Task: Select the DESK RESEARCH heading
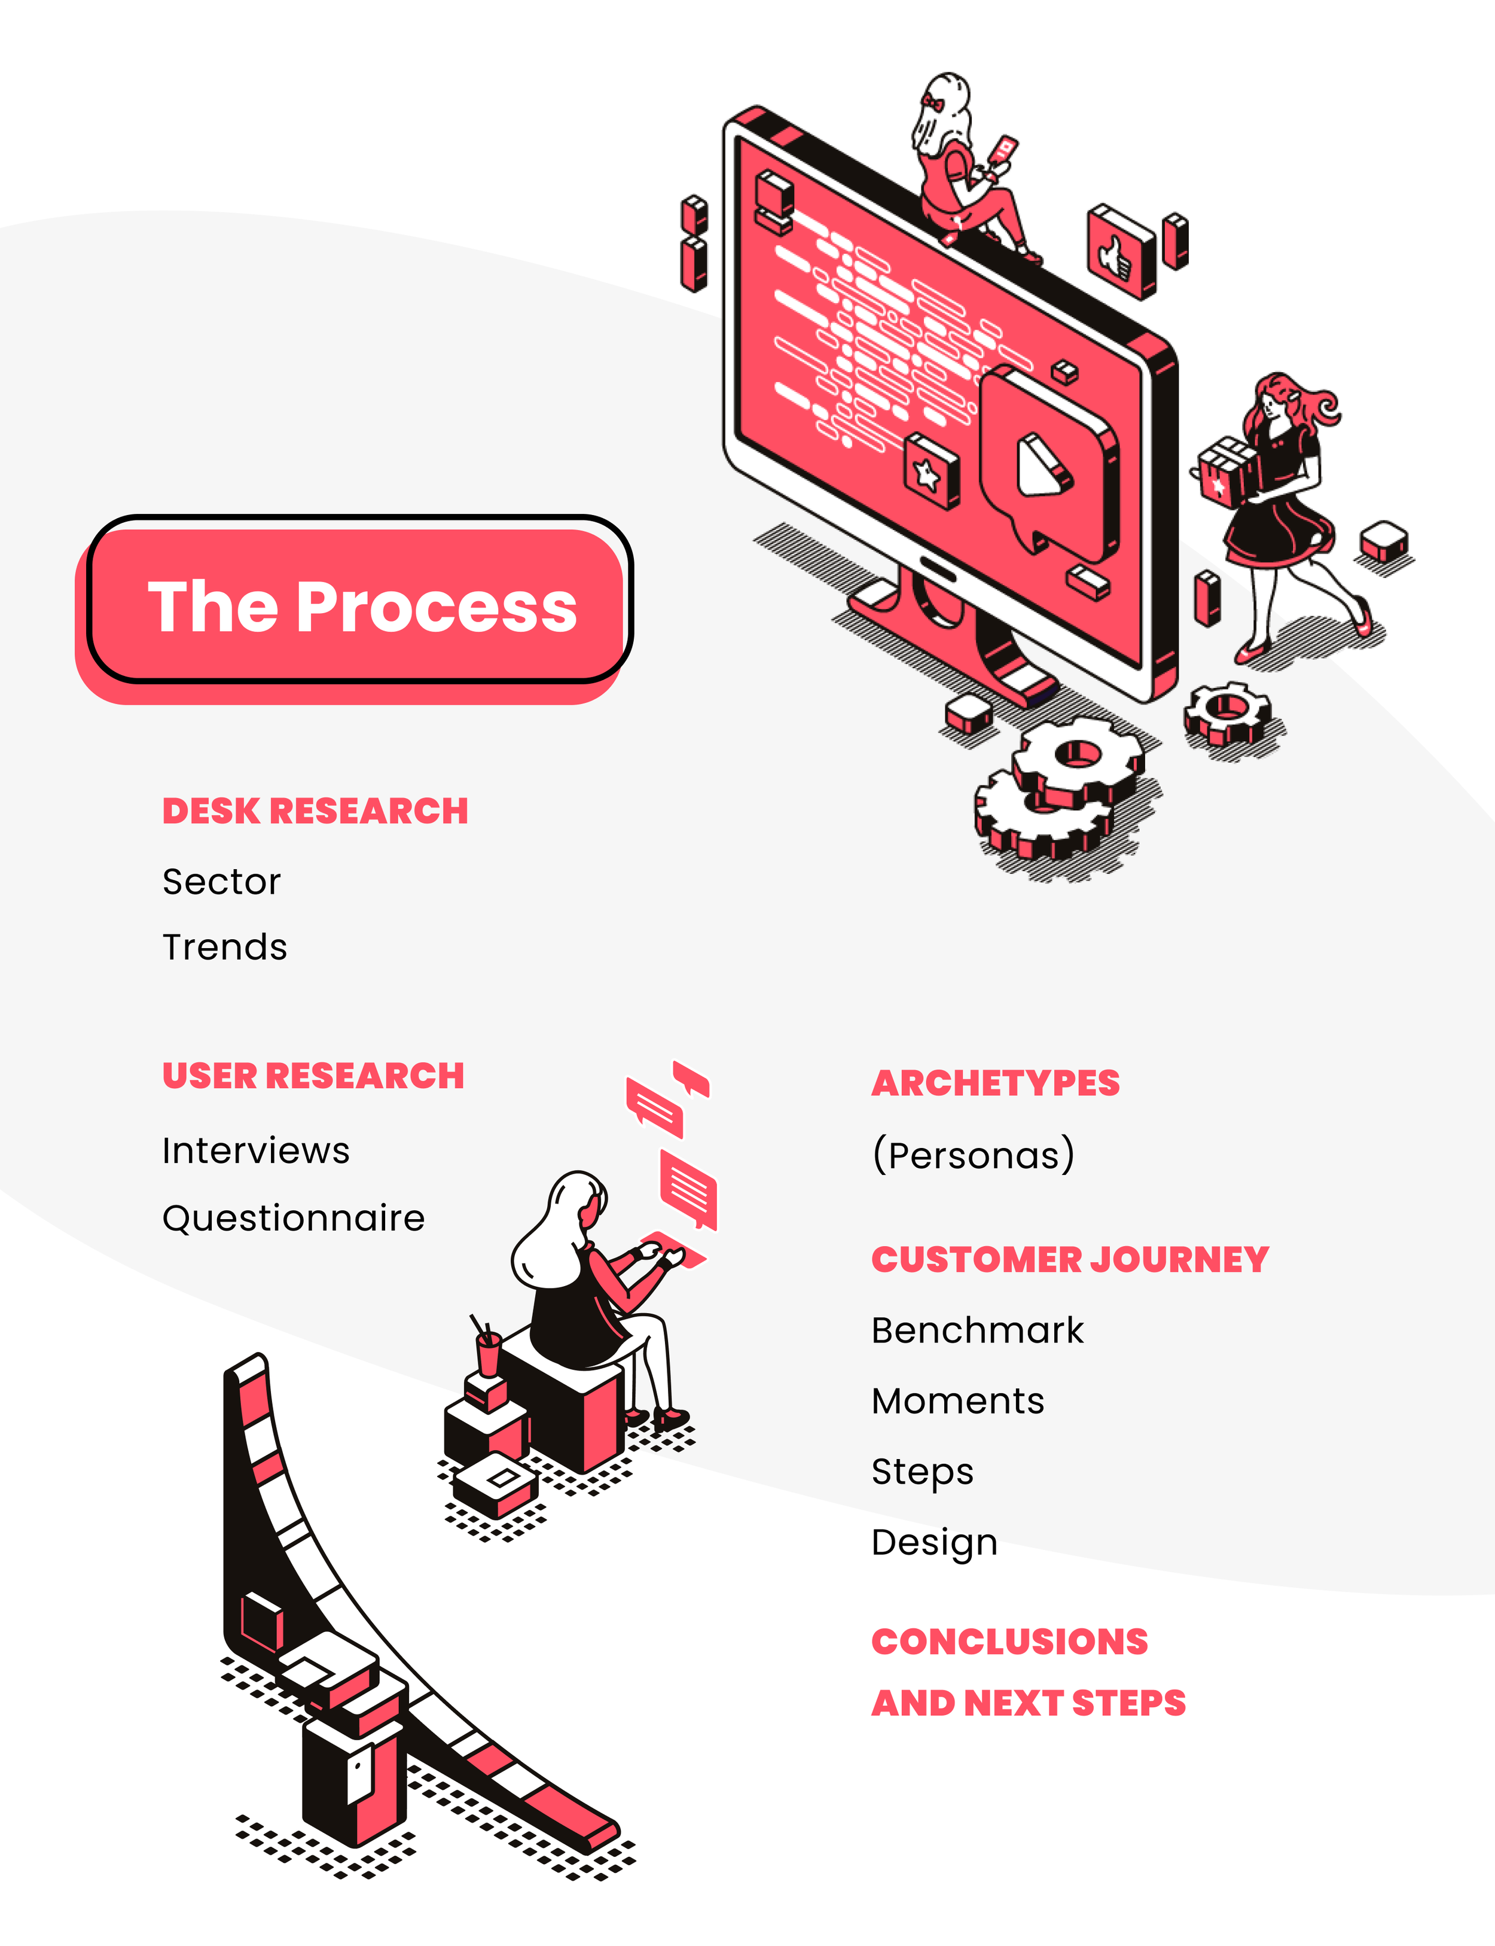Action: (x=315, y=811)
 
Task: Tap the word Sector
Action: (x=222, y=881)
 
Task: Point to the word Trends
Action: (x=225, y=947)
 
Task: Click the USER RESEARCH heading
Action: (x=313, y=1076)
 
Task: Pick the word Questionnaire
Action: (x=294, y=1218)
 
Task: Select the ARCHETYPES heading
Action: (x=996, y=1083)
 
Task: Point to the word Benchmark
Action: (x=978, y=1330)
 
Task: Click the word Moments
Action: (x=957, y=1401)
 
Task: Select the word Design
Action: (x=934, y=1543)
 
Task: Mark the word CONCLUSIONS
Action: (x=1010, y=1642)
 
